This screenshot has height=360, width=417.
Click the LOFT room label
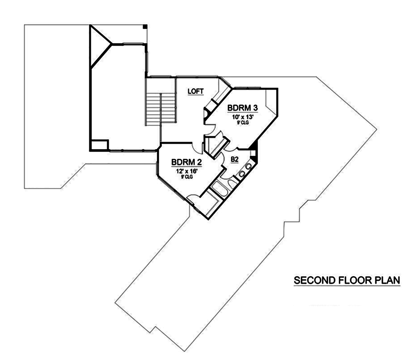point(195,91)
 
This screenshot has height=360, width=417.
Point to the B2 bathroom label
point(234,158)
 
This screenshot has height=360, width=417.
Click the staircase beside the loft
point(161,108)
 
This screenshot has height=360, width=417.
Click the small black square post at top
point(145,27)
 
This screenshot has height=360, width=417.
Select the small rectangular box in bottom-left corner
point(99,145)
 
